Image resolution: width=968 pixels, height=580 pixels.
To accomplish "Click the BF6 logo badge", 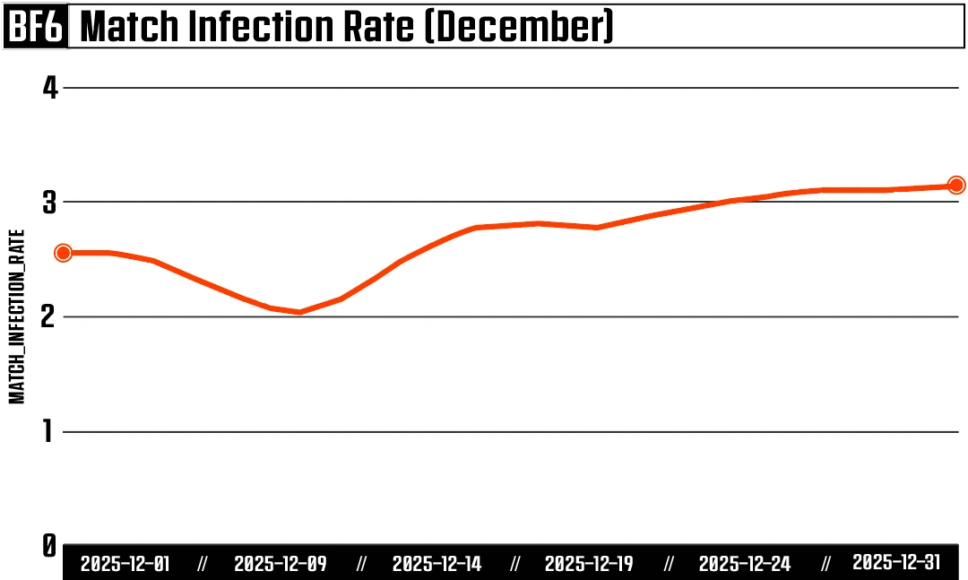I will [x=36, y=28].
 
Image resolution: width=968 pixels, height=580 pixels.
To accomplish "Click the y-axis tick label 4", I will [x=50, y=88].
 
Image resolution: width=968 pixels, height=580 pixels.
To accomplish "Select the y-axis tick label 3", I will [x=50, y=203].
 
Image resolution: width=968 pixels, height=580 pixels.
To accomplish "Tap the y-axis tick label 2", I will [x=50, y=316].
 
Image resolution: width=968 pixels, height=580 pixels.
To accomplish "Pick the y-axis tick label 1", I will [x=50, y=431].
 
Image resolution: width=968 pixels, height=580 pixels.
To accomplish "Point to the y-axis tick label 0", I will [x=50, y=545].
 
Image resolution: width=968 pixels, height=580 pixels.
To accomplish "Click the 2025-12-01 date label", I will [x=125, y=564].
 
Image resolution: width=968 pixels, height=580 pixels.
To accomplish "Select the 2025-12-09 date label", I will [x=280, y=564].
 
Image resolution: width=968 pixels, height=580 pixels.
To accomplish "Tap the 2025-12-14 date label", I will [x=436, y=564].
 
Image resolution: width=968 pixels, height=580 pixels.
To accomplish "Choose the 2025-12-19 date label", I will [x=589, y=564].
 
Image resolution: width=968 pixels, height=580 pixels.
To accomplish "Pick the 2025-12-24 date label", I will [x=745, y=564].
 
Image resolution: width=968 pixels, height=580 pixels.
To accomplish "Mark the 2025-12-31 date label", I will [x=896, y=562].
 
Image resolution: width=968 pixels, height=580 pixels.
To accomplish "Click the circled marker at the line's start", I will [x=63, y=253].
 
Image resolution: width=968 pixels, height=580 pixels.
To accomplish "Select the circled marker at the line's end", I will [x=956, y=186].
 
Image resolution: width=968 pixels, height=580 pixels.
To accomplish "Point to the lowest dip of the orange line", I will [x=299, y=312].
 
